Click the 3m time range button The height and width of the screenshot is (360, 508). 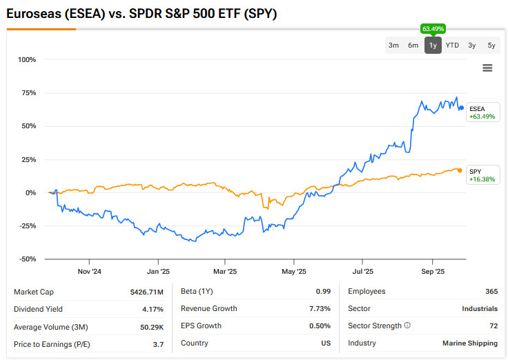[393, 46]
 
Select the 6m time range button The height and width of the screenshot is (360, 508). [413, 46]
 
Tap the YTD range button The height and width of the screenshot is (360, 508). [452, 46]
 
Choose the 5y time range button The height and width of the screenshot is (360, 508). [491, 46]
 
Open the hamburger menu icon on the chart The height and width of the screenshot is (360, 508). [487, 68]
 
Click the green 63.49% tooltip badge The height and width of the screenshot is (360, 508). [433, 28]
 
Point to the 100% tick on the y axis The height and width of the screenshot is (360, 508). [26, 59]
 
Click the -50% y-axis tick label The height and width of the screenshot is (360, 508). [26, 259]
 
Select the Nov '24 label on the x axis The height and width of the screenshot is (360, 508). [90, 272]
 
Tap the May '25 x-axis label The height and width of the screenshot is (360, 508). [293, 272]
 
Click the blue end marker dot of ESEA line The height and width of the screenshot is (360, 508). [462, 108]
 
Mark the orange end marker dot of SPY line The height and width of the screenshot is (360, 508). [460, 170]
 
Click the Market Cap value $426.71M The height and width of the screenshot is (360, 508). [147, 292]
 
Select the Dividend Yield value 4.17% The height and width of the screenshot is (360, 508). [153, 309]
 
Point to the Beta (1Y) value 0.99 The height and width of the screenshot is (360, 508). [323, 292]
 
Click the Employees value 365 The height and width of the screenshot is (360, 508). [491, 292]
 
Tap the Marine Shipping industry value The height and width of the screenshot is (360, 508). [470, 343]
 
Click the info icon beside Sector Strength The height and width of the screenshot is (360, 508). [407, 326]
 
